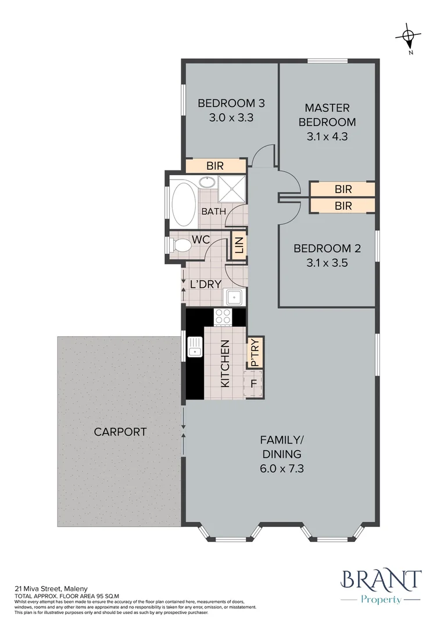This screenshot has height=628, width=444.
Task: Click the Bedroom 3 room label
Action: [x=231, y=104]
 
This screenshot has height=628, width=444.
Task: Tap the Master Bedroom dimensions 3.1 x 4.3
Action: [x=327, y=137]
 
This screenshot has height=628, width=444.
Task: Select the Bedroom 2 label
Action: [x=327, y=248]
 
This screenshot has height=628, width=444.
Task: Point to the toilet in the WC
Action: [x=181, y=245]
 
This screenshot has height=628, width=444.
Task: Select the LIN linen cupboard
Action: [x=239, y=245]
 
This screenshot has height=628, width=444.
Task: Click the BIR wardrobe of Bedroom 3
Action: [x=216, y=165]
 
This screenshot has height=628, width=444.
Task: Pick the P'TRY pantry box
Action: [x=255, y=352]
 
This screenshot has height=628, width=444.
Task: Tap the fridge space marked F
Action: [x=253, y=384]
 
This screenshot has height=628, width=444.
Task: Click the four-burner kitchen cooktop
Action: [x=223, y=316]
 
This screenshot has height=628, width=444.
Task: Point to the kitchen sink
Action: [x=195, y=347]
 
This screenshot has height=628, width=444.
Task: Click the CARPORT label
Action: [x=120, y=431]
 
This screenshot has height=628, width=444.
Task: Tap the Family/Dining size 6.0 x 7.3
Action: [x=282, y=468]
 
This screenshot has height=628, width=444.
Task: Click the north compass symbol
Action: [x=409, y=38]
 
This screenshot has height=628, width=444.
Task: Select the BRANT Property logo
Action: [x=380, y=587]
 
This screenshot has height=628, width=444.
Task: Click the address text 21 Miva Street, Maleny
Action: [x=51, y=588]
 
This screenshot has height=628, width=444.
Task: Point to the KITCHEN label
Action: [x=225, y=363]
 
